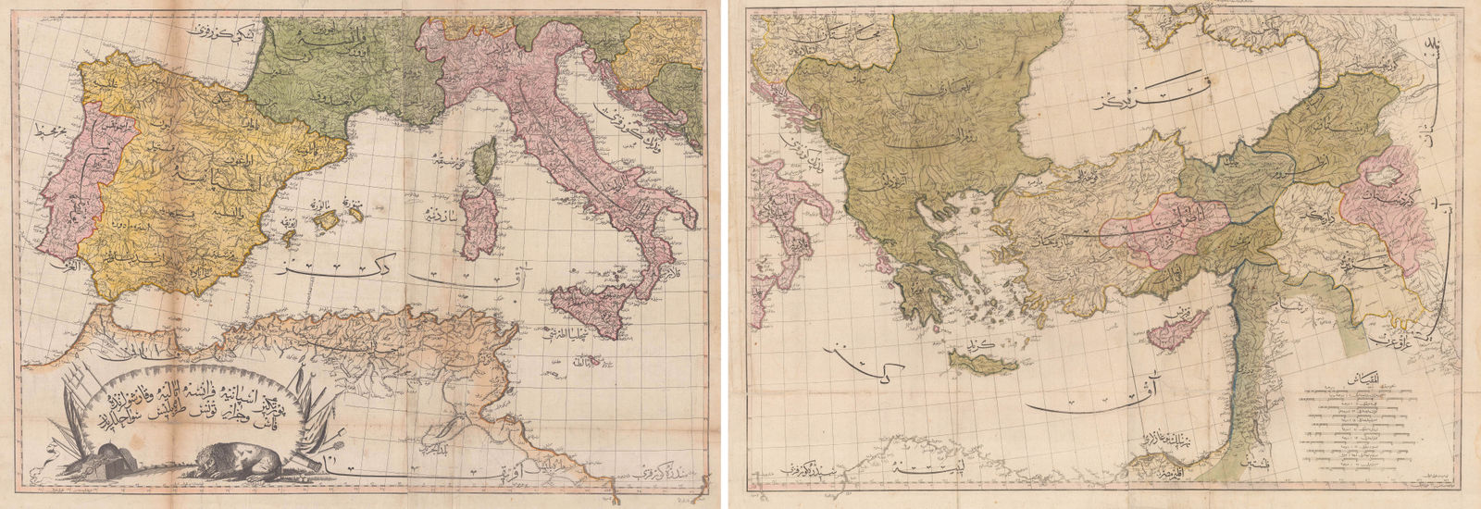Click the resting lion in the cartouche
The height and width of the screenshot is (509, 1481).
[x=232, y=462]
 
